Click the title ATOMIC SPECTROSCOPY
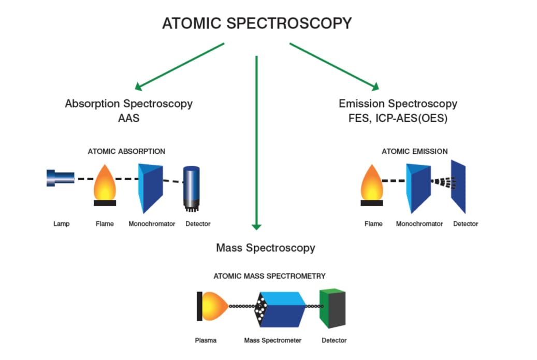tap(257, 24)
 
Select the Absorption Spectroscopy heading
tap(128, 104)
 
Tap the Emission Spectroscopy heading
tap(398, 104)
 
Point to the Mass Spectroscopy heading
tap(265, 248)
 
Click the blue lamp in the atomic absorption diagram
tap(60, 178)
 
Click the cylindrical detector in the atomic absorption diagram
tap(192, 187)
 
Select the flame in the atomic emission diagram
tap(371, 184)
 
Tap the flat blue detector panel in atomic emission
tap(458, 186)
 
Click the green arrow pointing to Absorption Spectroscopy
tap(179, 66)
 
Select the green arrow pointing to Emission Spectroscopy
tap(335, 66)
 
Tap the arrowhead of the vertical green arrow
tap(256, 226)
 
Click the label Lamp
tap(61, 224)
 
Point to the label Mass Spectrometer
tap(272, 340)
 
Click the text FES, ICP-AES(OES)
tap(398, 118)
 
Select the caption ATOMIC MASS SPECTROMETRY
tap(269, 276)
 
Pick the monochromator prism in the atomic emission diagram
tap(418, 188)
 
